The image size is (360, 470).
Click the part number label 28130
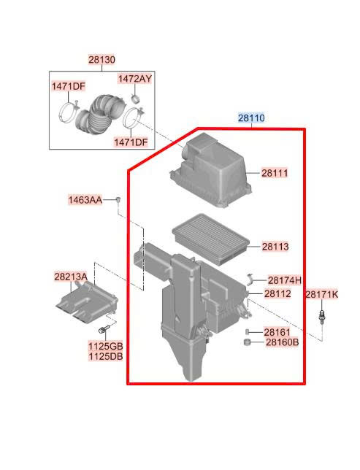102,60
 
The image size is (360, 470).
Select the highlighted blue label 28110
251,117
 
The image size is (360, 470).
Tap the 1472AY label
134,79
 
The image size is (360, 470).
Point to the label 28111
275,173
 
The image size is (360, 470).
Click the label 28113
275,247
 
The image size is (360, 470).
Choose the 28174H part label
284,280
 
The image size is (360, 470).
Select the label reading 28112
277,293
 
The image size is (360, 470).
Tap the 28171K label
321,295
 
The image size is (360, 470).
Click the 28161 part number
277,332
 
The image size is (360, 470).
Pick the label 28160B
283,342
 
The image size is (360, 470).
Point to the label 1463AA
85,200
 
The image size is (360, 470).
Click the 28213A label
71,277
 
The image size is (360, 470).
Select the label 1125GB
105,346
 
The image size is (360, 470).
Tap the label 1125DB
105,356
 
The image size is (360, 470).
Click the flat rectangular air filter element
210,239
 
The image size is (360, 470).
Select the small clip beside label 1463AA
119,200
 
